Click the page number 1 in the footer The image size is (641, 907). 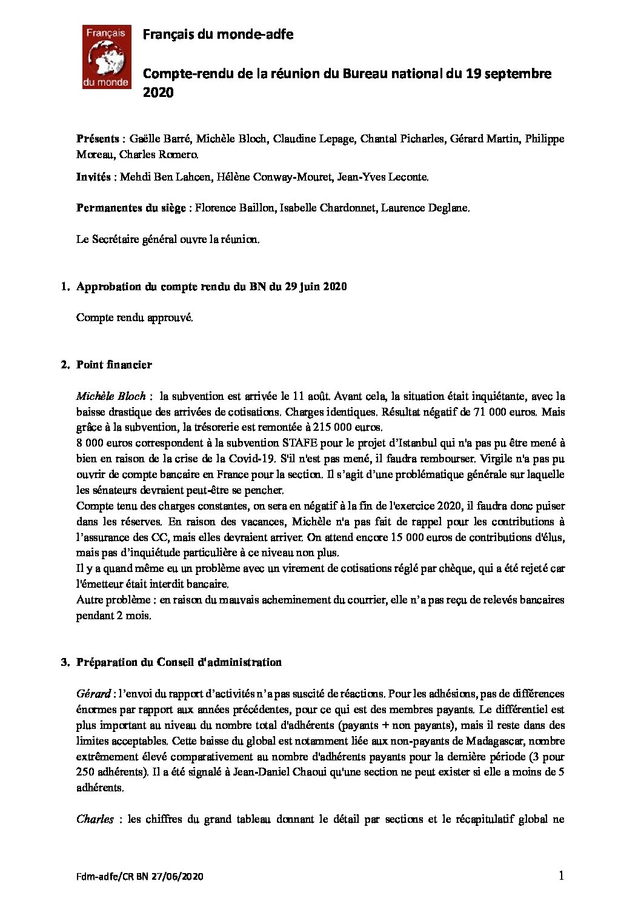[x=561, y=875]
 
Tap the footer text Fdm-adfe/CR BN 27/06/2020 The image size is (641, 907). [x=140, y=877]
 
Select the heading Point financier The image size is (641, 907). [x=114, y=365]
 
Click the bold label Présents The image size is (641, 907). [x=98, y=139]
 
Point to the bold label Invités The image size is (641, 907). [x=93, y=177]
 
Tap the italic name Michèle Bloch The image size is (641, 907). [x=111, y=396]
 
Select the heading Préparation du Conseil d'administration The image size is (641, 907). [x=179, y=662]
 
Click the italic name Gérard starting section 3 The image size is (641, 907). [x=93, y=694]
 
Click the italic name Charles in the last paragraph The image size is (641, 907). [x=95, y=819]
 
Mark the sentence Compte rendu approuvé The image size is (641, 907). [x=135, y=317]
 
